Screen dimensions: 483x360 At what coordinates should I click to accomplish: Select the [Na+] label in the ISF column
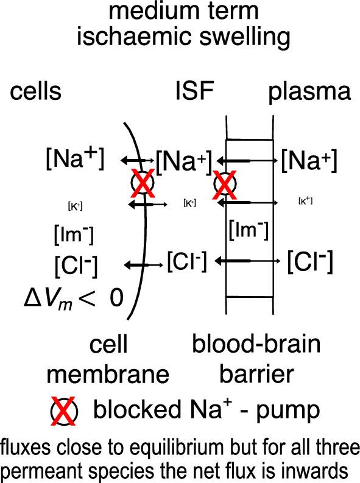183,162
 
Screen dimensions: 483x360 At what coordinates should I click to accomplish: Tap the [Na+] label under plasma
309,161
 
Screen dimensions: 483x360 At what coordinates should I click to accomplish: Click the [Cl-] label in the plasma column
310,261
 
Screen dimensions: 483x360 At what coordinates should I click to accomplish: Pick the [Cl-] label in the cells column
76,264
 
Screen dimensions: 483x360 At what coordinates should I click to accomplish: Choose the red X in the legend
63,412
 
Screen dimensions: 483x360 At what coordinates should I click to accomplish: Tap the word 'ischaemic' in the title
132,36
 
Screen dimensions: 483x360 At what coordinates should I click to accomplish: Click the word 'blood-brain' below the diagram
256,344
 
